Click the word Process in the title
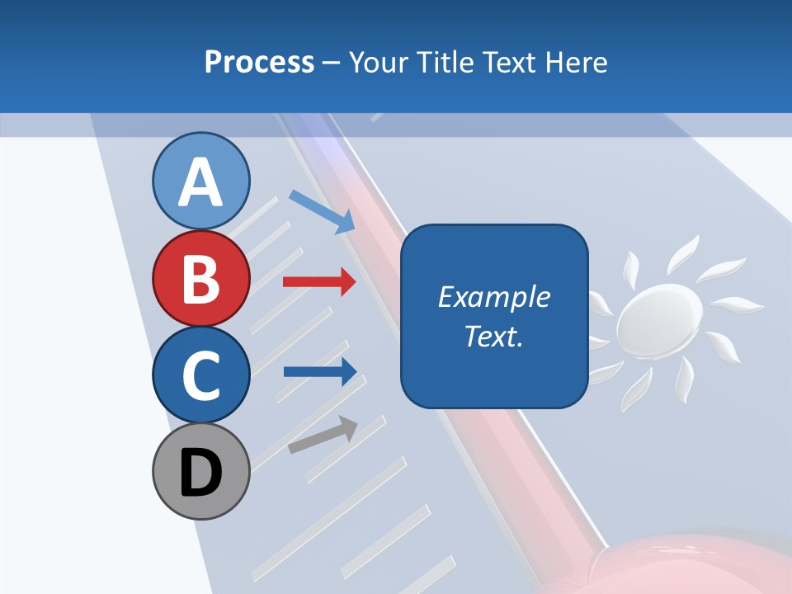click(259, 62)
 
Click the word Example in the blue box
click(493, 297)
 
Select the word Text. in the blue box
click(493, 336)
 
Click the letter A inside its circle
click(200, 183)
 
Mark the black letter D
click(200, 474)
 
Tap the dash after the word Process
click(332, 63)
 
